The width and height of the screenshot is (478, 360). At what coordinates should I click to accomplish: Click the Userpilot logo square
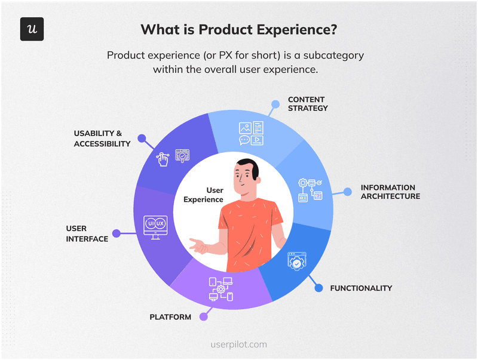[x=32, y=29]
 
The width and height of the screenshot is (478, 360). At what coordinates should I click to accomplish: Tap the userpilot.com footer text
[x=239, y=344]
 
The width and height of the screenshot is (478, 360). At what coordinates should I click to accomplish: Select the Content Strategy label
[x=308, y=104]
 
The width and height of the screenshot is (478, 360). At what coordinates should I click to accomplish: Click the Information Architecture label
[x=390, y=192]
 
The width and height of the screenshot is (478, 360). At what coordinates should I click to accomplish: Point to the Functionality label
[x=361, y=288]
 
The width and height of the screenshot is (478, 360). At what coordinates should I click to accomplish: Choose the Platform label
[x=170, y=317]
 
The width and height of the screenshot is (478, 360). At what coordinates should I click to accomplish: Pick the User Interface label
[x=87, y=233]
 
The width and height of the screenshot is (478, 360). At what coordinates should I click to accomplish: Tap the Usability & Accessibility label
[x=102, y=139]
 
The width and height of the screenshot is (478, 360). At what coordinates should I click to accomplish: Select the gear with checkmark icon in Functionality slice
[x=297, y=261]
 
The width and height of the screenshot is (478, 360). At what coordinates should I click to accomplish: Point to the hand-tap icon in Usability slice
[x=162, y=159]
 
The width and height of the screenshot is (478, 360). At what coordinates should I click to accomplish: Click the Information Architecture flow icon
[x=310, y=189]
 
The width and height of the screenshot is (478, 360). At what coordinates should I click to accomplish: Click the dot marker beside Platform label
[x=204, y=317]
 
